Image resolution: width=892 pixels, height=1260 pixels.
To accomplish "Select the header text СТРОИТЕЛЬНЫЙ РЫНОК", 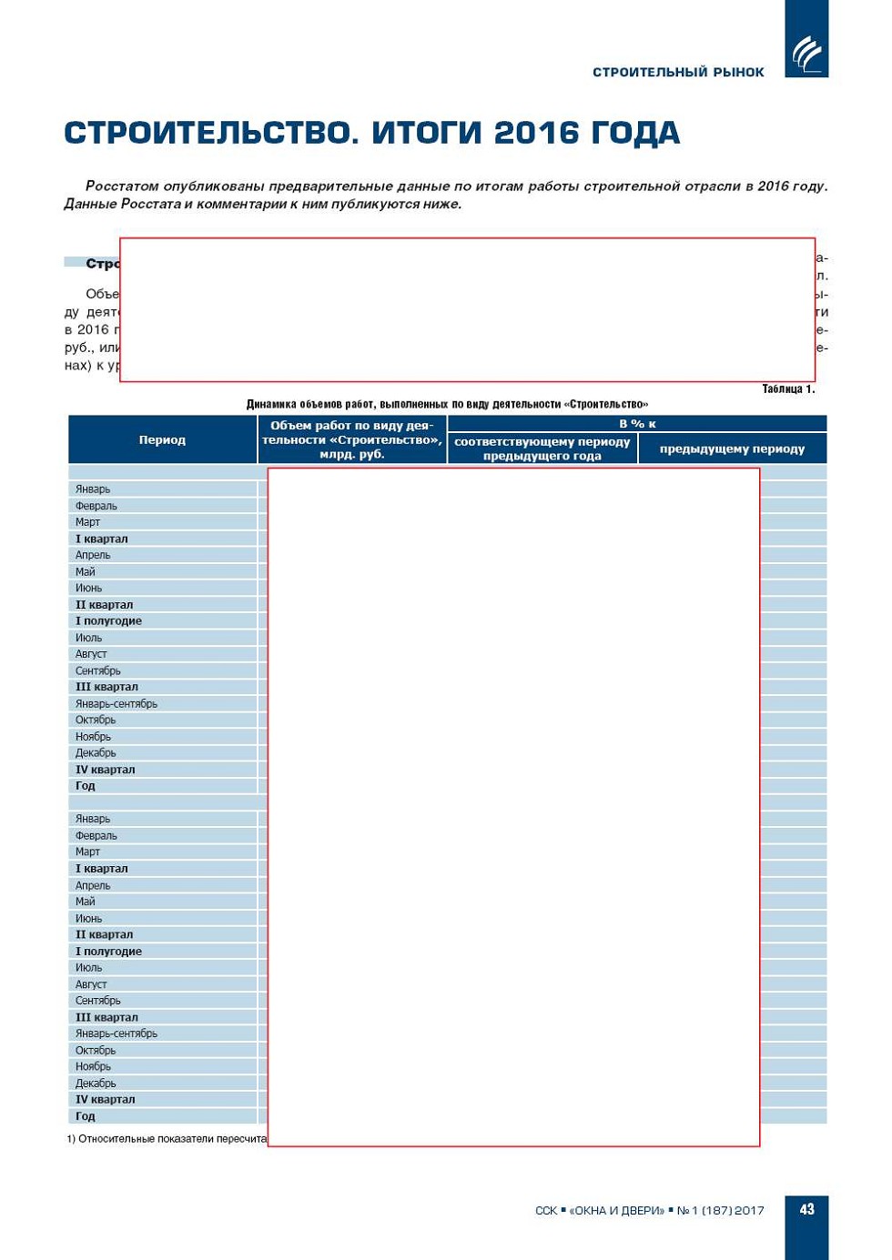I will click(678, 72).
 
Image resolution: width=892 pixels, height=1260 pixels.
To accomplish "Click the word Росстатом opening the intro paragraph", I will click(121, 186).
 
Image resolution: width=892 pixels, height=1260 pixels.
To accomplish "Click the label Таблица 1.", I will click(788, 389).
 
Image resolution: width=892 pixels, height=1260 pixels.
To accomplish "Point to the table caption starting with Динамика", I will click(447, 404).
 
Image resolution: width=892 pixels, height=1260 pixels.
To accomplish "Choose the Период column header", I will click(162, 439).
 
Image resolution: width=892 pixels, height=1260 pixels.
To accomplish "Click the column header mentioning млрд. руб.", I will click(352, 439).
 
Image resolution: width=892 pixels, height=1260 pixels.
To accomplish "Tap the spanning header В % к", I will click(637, 424).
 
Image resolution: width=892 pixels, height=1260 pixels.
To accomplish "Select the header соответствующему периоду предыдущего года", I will click(542, 449).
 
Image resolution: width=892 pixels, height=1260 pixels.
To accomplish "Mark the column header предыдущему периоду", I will click(732, 449).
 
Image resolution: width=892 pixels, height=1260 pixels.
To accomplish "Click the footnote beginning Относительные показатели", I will click(167, 1138).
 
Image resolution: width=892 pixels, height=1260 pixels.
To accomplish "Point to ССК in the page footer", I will click(546, 1210).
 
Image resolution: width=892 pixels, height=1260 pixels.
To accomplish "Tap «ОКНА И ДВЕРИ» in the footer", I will click(616, 1210).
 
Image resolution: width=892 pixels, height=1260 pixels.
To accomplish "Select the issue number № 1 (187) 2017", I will click(720, 1210).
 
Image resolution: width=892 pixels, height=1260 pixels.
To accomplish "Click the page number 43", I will click(806, 1209).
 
